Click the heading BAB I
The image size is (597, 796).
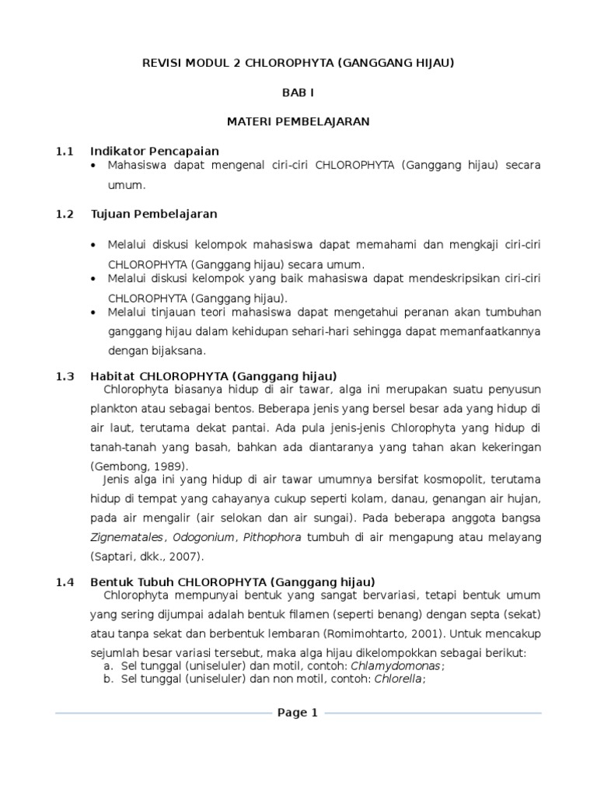click(298, 93)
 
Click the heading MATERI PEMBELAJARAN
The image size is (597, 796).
click(298, 121)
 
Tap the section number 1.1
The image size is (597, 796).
click(65, 151)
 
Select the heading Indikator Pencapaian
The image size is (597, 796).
click(155, 151)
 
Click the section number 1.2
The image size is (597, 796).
click(65, 214)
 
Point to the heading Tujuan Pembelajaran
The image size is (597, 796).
click(154, 214)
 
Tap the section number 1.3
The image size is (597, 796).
click(65, 375)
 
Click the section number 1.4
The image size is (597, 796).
click(65, 581)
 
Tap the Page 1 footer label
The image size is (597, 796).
click(298, 713)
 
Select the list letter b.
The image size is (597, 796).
click(107, 679)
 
